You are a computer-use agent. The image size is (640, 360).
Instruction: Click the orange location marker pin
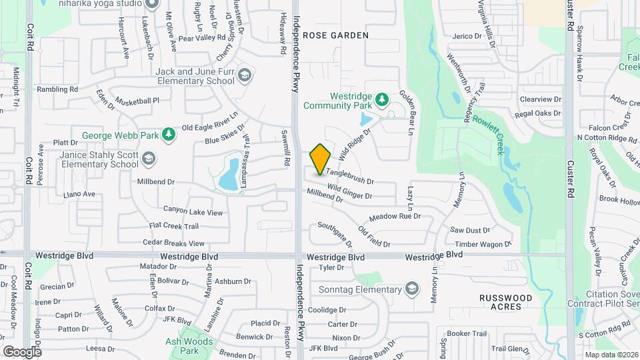pos(320,159)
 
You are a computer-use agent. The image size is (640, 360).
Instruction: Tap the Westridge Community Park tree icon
pos(382,100)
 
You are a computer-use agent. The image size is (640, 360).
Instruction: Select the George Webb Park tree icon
pos(169,135)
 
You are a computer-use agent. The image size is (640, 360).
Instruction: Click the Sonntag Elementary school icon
pos(413,289)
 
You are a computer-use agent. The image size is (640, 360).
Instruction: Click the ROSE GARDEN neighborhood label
pos(335,35)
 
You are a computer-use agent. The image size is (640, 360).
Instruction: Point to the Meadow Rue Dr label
pos(395,217)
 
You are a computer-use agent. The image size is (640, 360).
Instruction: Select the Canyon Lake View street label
pos(188,212)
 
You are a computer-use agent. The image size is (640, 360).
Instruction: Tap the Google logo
pos(22,351)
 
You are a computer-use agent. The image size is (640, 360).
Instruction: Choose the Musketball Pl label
pos(137,101)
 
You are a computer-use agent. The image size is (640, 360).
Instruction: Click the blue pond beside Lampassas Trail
pos(229,173)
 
